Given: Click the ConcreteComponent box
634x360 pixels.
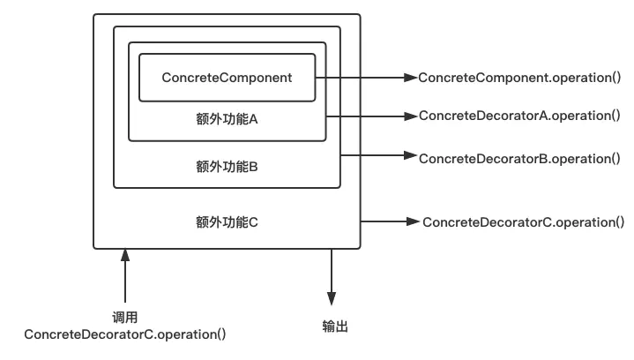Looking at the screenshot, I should pyautogui.click(x=227, y=78).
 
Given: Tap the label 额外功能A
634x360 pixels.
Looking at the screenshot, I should pyautogui.click(x=227, y=119).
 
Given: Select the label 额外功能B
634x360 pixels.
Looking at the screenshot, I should pyautogui.click(x=227, y=165).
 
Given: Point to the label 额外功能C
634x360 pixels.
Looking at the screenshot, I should pyautogui.click(x=227, y=221).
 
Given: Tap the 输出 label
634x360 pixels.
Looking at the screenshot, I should pyautogui.click(x=335, y=326).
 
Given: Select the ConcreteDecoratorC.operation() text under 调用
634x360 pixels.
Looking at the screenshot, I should pyautogui.click(x=125, y=334).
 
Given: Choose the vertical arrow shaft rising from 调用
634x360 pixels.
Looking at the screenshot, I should pyautogui.click(x=126, y=282).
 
